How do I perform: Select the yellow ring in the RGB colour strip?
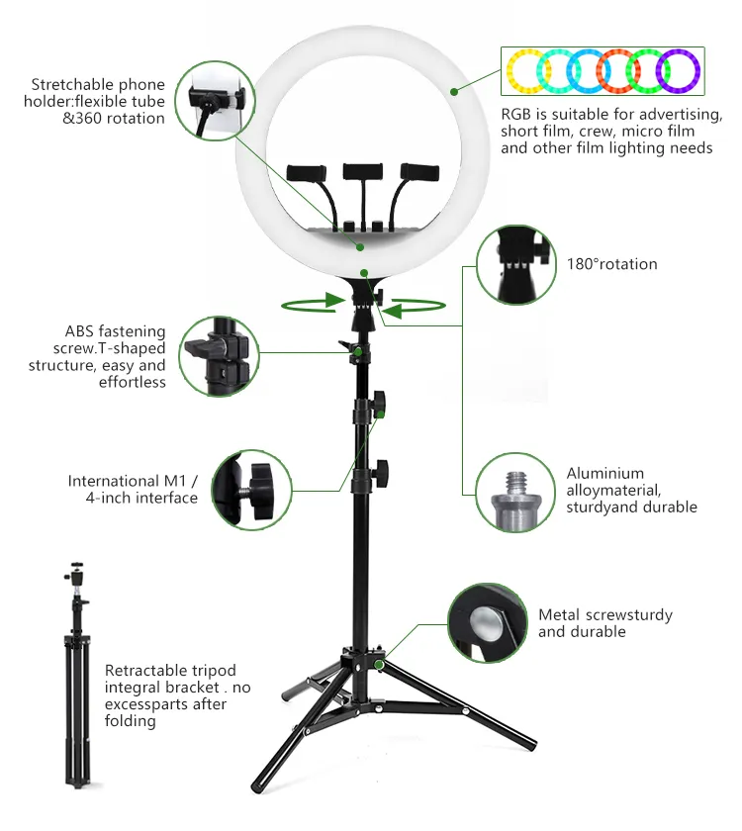click(510, 71)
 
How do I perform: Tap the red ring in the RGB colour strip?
click(600, 70)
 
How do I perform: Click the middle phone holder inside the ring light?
click(362, 171)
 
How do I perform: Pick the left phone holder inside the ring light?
click(306, 173)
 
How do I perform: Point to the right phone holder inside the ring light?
click(419, 172)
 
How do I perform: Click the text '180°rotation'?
click(611, 264)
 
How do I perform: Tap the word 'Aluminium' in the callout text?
click(604, 473)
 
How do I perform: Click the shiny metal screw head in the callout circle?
click(486, 622)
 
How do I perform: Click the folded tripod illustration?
click(77, 675)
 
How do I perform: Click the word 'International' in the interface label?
click(113, 481)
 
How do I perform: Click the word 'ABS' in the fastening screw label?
click(79, 331)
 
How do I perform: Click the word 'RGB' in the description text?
click(516, 115)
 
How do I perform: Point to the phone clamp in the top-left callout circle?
click(217, 98)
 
